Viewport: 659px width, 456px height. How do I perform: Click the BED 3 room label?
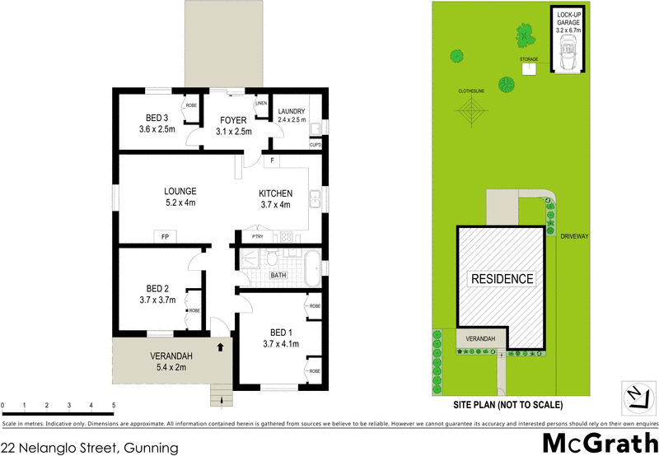[157, 118]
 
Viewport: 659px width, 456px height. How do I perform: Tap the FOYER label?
[233, 120]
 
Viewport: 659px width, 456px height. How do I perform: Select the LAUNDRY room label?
[292, 111]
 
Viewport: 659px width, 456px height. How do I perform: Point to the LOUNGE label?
[180, 191]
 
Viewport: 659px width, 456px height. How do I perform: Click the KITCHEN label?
[276, 193]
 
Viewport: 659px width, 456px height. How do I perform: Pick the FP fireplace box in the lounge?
[165, 237]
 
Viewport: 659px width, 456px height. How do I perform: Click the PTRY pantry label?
[257, 237]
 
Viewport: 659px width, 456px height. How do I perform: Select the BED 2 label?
[157, 288]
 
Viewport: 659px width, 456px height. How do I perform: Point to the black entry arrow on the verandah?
[220, 347]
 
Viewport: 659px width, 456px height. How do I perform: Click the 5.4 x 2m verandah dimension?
[171, 367]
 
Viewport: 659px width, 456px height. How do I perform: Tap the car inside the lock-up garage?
[568, 58]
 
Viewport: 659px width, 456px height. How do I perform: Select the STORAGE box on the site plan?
[528, 68]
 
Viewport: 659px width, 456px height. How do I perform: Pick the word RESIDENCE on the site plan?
[502, 279]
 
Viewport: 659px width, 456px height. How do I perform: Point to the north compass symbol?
[634, 396]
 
